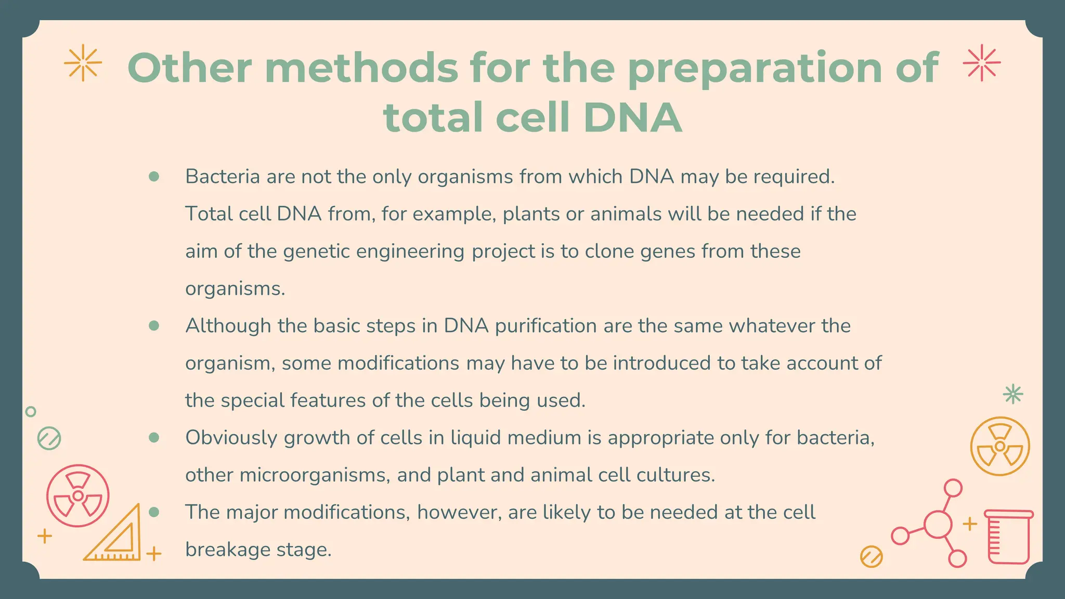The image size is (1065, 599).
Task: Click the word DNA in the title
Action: pos(632,118)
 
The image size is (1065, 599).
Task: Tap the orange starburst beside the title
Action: pos(83,63)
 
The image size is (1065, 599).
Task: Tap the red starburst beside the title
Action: pos(981,63)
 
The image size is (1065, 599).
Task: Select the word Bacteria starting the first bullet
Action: pos(223,177)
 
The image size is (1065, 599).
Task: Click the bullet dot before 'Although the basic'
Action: pos(153,325)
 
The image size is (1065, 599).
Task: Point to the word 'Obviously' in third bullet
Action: pos(231,438)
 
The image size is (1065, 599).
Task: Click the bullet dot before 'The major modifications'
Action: pos(153,512)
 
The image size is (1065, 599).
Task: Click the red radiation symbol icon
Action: pos(78,496)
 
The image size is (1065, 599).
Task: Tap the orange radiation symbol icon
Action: pos(999,446)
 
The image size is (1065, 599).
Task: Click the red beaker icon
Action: pos(1009,537)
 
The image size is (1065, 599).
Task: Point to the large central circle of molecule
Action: pos(938,524)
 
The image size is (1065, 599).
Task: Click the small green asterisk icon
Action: pos(1012,394)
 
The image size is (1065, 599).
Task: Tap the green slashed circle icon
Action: pos(49,439)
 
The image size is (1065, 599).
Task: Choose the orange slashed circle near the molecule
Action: pos(872,556)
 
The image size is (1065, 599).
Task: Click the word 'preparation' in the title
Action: pos(755,68)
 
